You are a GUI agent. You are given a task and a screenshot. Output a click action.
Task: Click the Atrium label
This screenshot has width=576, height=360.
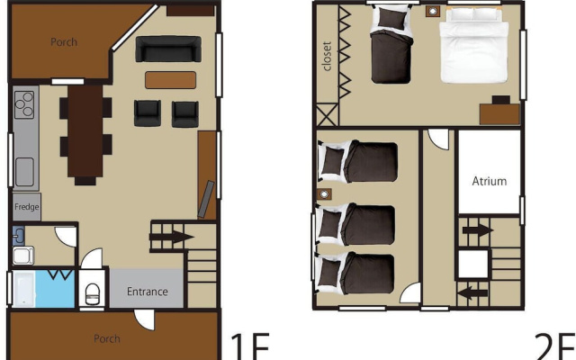coord(490,181)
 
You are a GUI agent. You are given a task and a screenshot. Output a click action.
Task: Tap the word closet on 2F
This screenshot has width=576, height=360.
coord(327,56)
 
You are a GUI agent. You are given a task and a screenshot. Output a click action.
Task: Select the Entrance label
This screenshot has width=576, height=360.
coord(148,292)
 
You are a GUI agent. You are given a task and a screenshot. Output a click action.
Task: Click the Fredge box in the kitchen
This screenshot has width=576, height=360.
coord(26,207)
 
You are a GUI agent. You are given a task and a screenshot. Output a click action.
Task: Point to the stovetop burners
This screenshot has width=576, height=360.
coord(24,104)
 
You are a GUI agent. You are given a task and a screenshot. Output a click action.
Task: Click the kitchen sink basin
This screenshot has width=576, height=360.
coord(24,172)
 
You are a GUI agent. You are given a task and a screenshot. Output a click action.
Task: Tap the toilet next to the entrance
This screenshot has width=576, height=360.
coord(92,293)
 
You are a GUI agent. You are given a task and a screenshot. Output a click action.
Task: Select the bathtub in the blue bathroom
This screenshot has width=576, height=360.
coord(24,289)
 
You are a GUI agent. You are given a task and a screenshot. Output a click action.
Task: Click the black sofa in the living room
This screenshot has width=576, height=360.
coord(168,49)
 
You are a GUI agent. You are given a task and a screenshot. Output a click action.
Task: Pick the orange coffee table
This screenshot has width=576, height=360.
coord(170,80)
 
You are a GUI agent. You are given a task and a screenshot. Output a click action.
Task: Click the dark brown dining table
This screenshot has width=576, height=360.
coord(85,131)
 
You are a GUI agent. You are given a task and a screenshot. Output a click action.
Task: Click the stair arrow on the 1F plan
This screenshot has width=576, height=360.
coord(172,237)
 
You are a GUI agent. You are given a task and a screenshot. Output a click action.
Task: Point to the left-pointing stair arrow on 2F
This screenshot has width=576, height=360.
coord(473,293)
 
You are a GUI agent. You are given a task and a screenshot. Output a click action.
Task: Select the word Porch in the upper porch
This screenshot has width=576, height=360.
coord(64,42)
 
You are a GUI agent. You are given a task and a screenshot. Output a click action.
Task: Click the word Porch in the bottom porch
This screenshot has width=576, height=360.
coord(107,338)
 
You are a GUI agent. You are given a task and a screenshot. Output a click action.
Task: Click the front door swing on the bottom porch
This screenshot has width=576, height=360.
coord(144,319)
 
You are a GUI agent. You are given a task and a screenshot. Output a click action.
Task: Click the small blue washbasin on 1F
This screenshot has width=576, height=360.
coord(19,236)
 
